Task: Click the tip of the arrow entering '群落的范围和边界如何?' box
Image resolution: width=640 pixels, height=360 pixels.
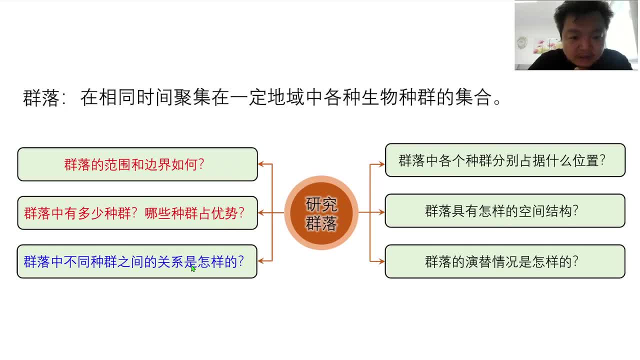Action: coord(258,164)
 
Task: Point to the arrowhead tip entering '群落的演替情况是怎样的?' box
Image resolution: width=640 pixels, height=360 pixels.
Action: coord(385,261)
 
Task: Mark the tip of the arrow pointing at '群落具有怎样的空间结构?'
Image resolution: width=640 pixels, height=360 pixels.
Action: coord(385,212)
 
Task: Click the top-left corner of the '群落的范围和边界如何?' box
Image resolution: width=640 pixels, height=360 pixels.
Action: coord(17,147)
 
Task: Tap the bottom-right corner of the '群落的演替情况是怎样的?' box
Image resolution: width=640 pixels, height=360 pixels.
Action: coord(625,277)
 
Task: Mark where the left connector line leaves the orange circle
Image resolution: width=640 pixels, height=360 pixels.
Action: coord(284,212)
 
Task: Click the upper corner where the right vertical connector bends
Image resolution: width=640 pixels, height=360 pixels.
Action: coord(370,164)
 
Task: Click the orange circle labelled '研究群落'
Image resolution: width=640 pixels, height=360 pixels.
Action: coord(321,212)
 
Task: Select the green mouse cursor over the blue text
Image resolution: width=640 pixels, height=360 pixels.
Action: coord(193,268)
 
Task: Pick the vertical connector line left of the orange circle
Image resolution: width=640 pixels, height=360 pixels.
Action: coord(272,212)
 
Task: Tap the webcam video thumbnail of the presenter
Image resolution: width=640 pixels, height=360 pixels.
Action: coord(576,35)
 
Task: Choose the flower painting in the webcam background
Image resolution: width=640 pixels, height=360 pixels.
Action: coord(547,46)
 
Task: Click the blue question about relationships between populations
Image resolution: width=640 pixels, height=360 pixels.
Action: coord(133,261)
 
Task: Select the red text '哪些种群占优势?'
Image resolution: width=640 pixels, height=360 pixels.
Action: coord(194,213)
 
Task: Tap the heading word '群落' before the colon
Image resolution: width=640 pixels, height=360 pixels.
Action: coord(41,97)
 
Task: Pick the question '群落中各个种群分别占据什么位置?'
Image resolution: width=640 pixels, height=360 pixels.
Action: coord(502,160)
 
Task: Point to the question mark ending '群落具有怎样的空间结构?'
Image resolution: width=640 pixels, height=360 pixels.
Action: coord(575,211)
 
